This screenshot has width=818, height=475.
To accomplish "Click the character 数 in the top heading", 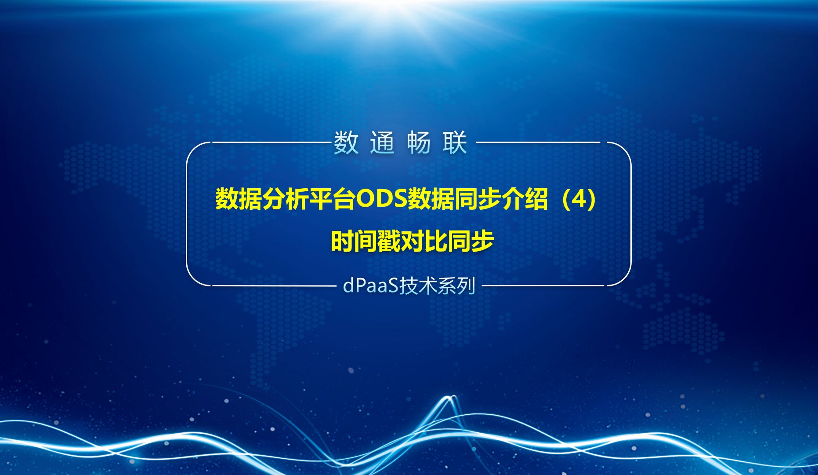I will [346, 143].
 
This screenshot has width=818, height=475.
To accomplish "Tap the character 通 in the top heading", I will [382, 143].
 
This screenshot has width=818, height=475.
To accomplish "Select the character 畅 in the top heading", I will [419, 143].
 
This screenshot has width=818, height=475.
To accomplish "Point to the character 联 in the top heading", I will [455, 143].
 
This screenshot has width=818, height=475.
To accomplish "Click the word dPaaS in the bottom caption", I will [370, 286].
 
